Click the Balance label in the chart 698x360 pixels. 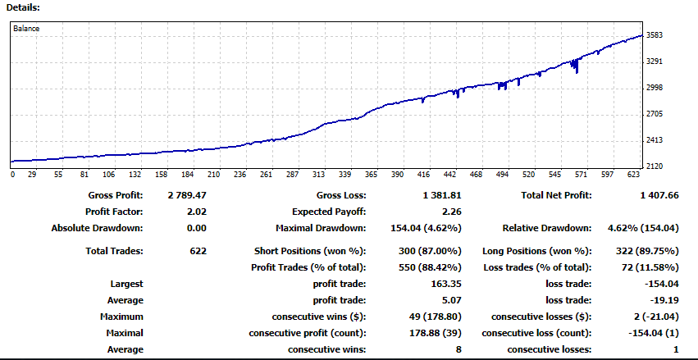[26, 28]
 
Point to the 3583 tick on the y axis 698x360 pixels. [654, 35]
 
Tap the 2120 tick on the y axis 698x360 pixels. [654, 166]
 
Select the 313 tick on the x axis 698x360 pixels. [320, 175]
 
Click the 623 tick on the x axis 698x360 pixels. [634, 175]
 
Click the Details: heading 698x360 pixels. [23, 7]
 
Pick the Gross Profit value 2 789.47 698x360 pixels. [186, 196]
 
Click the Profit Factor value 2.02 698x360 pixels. [196, 212]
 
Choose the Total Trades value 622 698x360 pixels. [197, 251]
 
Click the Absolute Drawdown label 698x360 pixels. [97, 228]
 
